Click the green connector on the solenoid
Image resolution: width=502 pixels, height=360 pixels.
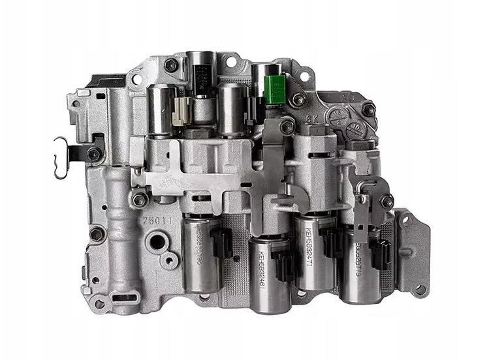pyautogui.click(x=274, y=89)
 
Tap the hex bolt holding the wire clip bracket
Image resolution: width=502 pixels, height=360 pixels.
pyautogui.click(x=94, y=154)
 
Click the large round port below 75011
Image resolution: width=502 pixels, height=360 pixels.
pyautogui.click(x=157, y=243)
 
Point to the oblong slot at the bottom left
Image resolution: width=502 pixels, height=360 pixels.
pyautogui.click(x=122, y=299)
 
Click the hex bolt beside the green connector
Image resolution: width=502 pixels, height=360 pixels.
pyautogui.click(x=298, y=100)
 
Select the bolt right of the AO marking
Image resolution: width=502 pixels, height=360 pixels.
pyautogui.click(x=368, y=110)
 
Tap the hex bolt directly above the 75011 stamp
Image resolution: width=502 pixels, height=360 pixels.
pyautogui.click(x=140, y=198)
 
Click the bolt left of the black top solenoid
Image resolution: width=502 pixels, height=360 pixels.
pyautogui.click(x=170, y=65)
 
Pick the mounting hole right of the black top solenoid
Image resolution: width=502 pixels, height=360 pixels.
pyautogui.click(x=230, y=63)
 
